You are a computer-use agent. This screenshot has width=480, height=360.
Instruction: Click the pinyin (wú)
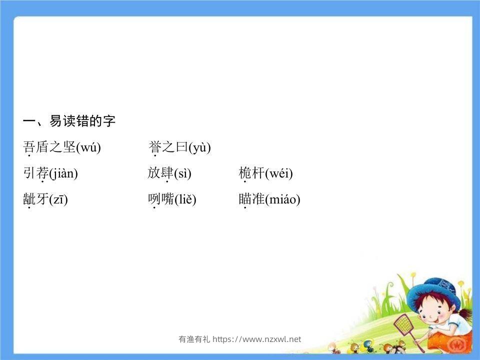88,147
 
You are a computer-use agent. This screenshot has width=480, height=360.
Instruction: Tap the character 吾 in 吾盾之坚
29,147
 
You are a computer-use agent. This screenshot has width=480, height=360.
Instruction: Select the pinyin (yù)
199,147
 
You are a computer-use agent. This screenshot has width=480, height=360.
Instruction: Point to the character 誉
154,147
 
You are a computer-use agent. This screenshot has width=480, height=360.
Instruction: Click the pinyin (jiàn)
63,173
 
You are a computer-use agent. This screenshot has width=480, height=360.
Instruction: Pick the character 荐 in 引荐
42,173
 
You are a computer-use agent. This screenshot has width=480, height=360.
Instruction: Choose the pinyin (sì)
182,173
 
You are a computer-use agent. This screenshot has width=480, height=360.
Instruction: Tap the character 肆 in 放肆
167,173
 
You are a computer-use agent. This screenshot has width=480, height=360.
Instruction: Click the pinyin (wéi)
279,173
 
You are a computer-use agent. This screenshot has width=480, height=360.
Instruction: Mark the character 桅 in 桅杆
245,173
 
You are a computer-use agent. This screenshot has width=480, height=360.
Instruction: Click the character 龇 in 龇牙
29,199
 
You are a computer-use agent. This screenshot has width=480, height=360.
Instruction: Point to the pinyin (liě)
185,199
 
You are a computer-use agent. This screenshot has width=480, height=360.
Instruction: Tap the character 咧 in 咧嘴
154,199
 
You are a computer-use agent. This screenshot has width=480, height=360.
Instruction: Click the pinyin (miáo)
282,199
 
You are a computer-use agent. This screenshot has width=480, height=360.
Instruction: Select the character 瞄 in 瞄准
245,199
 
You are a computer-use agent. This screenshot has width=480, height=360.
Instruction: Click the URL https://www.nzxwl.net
257,339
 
